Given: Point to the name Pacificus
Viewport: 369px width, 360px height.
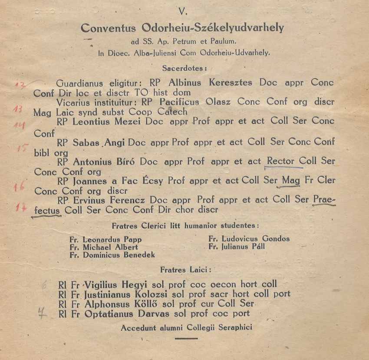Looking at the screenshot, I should [179, 102].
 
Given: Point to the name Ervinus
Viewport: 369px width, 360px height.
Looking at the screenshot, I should [89, 201].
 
